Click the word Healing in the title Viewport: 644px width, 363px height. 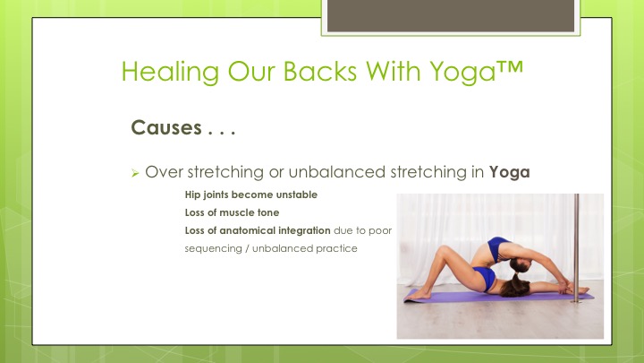[170, 72]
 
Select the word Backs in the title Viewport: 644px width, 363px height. [320, 71]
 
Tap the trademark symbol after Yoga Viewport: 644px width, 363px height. [510, 67]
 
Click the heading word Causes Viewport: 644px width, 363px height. [166, 127]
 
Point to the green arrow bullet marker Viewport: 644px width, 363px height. [135, 173]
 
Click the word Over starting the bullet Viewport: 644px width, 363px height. [164, 172]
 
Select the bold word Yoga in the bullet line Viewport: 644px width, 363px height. [509, 172]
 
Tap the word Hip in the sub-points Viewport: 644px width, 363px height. [192, 194]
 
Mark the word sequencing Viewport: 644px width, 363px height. [213, 249]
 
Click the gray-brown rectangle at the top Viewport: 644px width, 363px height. [451, 15]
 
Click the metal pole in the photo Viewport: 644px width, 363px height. [576, 248]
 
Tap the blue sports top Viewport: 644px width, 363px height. [497, 248]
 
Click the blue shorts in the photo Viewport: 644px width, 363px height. [485, 277]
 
